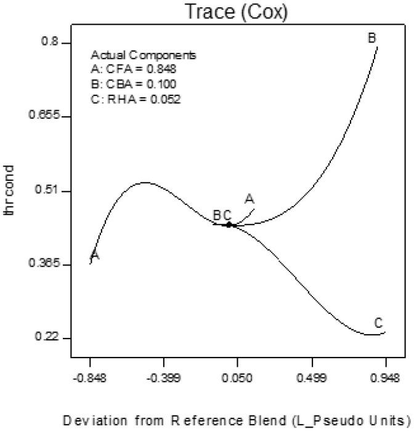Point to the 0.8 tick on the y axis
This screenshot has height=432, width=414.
click(x=51, y=42)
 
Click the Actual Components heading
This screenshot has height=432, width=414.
click(x=143, y=55)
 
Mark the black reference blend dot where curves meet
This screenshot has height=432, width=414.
click(x=229, y=225)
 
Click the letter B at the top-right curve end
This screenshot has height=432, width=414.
click(x=372, y=38)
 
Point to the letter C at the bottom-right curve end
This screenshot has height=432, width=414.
click(x=379, y=323)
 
